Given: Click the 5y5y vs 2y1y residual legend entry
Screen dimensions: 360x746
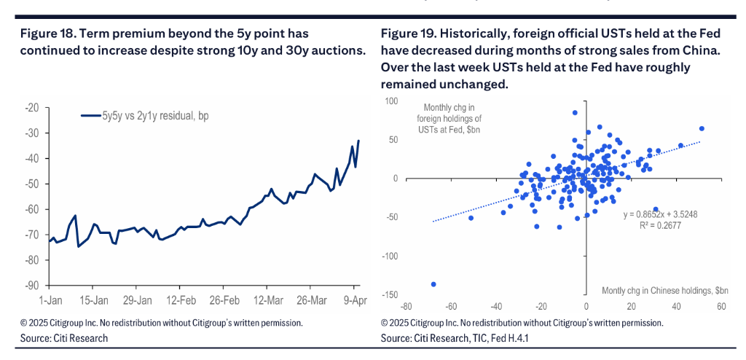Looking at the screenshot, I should (146, 115).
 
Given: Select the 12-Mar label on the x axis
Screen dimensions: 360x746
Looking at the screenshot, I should (268, 300).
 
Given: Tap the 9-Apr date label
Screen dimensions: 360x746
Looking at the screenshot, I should (355, 300).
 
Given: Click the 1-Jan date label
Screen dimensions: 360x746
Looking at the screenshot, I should (50, 300).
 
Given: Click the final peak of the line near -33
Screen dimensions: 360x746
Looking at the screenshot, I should (358, 141).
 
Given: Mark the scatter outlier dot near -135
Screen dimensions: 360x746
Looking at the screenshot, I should (433, 283).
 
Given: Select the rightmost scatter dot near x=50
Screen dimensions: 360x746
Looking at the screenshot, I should (701, 129).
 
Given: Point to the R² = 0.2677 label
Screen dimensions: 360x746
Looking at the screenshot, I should (661, 227).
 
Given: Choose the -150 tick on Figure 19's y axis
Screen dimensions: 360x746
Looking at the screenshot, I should (390, 294).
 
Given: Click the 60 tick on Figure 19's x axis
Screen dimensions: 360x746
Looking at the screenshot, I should (721, 307).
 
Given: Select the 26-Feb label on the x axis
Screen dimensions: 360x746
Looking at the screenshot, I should (225, 300).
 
